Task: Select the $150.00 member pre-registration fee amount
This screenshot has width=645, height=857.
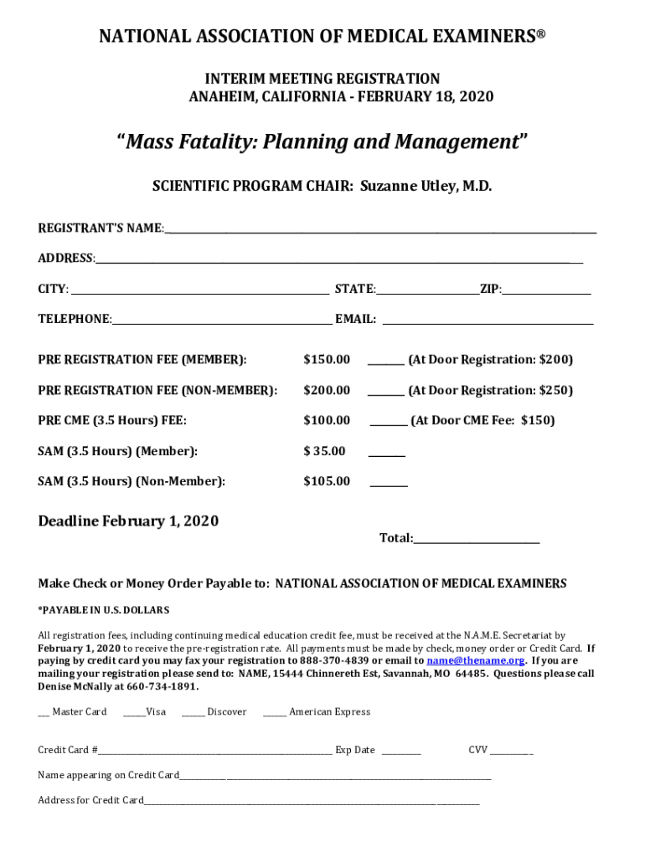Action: pyautogui.click(x=327, y=360)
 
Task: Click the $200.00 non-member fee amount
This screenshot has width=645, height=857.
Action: pyautogui.click(x=327, y=390)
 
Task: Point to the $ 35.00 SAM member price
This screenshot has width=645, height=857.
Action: pyautogui.click(x=324, y=451)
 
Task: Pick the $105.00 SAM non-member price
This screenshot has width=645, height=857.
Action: pyautogui.click(x=327, y=481)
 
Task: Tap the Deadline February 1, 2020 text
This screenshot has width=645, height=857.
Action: pyautogui.click(x=128, y=521)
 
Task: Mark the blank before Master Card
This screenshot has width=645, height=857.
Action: pyautogui.click(x=44, y=713)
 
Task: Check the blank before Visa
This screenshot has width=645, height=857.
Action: pyautogui.click(x=133, y=713)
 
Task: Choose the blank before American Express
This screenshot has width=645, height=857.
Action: pyautogui.click(x=274, y=713)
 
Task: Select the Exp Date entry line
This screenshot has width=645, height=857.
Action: pyautogui.click(x=401, y=752)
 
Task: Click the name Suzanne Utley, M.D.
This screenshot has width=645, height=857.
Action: pyautogui.click(x=426, y=186)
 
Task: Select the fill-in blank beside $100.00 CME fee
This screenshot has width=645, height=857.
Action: pyautogui.click(x=389, y=423)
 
